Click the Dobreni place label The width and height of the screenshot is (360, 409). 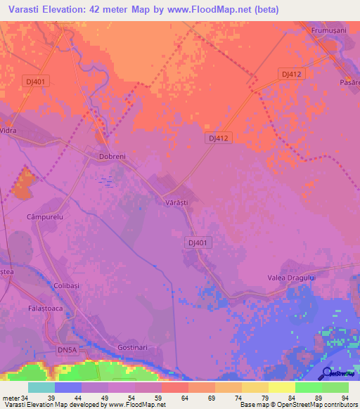pos(112,157)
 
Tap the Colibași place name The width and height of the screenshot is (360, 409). pos(68,285)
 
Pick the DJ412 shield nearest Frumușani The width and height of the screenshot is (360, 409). pos(290,74)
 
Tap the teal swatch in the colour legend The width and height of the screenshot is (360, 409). pos(41,387)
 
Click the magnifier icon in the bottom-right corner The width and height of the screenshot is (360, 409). pos(326,372)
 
